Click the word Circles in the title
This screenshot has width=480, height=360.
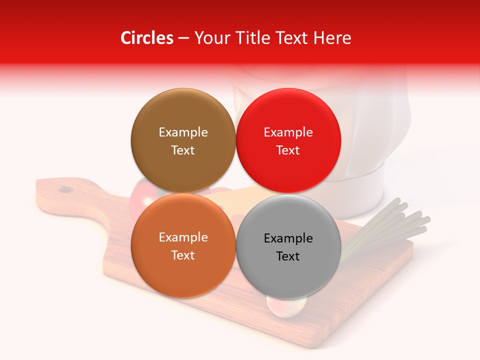point(147,38)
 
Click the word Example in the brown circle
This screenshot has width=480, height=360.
point(183,132)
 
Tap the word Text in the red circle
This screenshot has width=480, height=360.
point(288,150)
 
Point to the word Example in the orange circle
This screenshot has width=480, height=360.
point(183,237)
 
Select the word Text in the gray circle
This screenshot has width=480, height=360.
point(288,256)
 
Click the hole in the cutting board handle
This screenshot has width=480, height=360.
point(65,189)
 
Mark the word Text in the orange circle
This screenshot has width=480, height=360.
point(183,255)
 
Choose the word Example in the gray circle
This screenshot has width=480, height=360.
point(288,238)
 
